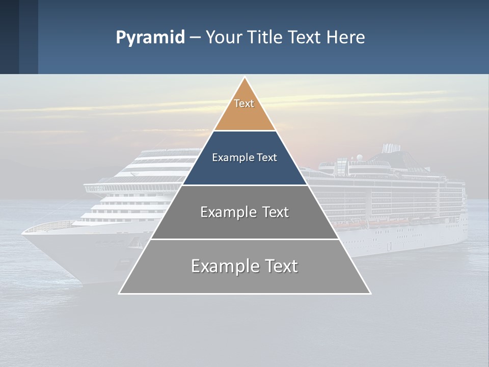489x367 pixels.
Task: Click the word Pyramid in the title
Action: pos(150,37)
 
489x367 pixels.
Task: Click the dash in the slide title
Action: pos(195,38)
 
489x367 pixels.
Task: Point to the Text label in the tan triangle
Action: pos(244,103)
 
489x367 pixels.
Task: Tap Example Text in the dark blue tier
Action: pos(244,158)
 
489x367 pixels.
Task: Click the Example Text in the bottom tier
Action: pos(244,266)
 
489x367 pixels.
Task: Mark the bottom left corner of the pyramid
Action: pos(120,293)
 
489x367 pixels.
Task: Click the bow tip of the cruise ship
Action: pos(23,232)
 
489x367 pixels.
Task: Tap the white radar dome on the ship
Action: pos(360,157)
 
